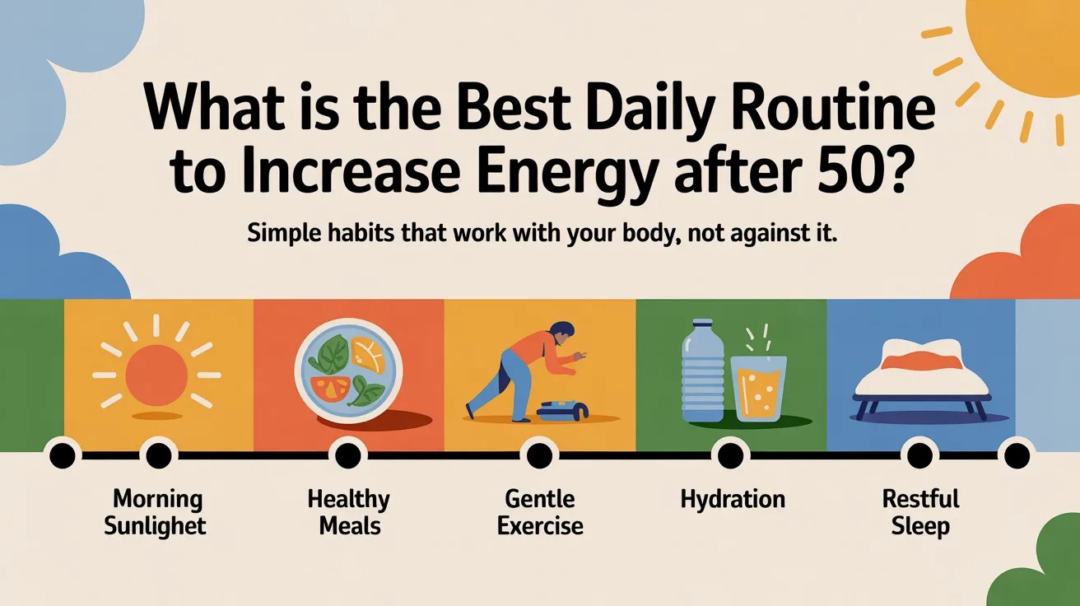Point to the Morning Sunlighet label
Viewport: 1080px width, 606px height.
click(156, 512)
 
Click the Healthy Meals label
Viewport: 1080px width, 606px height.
click(348, 512)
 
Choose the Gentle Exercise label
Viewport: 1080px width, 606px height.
click(540, 512)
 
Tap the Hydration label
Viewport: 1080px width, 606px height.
click(733, 499)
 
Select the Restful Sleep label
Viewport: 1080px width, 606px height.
click(920, 512)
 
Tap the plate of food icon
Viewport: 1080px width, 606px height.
click(348, 375)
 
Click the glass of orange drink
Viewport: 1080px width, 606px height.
click(758, 387)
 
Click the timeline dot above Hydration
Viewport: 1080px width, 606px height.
click(729, 454)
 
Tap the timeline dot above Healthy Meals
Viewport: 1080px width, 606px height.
click(348, 454)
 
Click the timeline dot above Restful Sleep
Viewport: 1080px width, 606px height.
click(919, 454)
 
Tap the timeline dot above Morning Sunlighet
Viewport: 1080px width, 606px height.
click(157, 454)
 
